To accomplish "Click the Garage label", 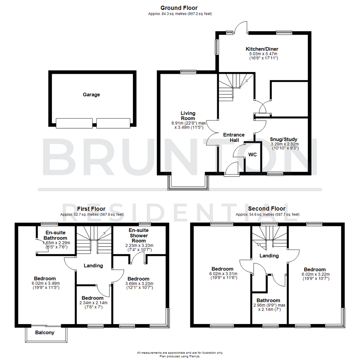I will [x=91, y=95].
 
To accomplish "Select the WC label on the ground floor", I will [x=252, y=155].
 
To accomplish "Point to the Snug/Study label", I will [x=283, y=139].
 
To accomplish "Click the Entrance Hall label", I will [x=234, y=137].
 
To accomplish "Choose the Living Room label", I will [x=188, y=116].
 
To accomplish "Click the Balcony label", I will [x=45, y=332].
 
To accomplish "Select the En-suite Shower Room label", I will [x=138, y=235].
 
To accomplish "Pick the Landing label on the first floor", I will [x=93, y=266].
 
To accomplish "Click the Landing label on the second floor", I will [x=269, y=256].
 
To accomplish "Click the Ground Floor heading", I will [x=179, y=8].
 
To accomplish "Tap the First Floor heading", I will [x=92, y=209].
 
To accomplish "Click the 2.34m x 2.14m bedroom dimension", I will [x=93, y=303].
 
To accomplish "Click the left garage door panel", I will [x=74, y=123].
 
